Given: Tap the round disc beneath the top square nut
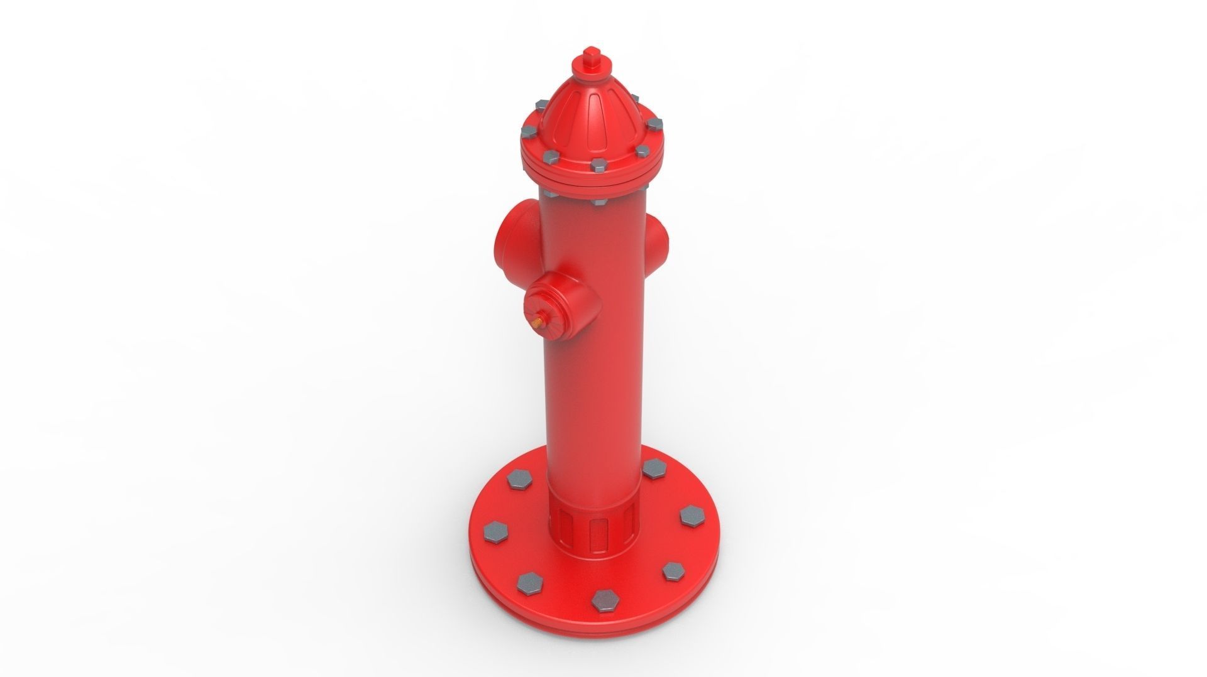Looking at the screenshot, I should point(592,70).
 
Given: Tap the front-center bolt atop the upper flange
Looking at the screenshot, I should point(597,163).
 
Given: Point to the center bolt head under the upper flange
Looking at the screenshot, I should point(597,202).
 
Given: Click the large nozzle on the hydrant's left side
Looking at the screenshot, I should point(510,232).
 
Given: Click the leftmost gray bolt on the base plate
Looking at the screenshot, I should point(493,531).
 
